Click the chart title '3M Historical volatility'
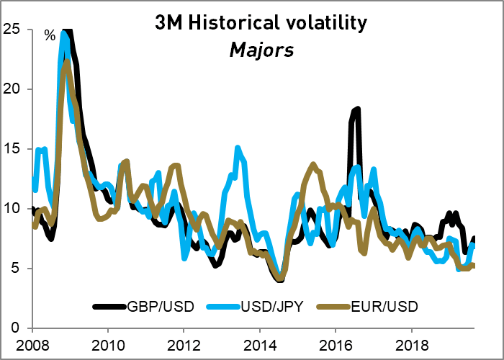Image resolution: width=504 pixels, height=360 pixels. [x=261, y=23]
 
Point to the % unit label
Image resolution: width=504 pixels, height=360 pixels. [x=50, y=35]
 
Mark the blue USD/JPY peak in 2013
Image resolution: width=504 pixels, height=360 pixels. [x=238, y=148]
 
